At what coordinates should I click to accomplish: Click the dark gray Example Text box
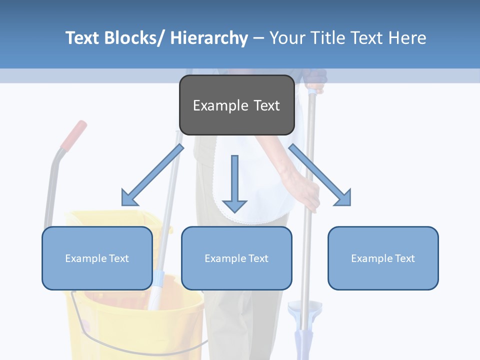236,105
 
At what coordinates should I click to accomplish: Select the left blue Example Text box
97,258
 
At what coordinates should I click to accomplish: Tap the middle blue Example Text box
236,258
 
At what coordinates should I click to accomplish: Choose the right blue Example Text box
383,258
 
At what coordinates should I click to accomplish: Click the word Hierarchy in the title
209,38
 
